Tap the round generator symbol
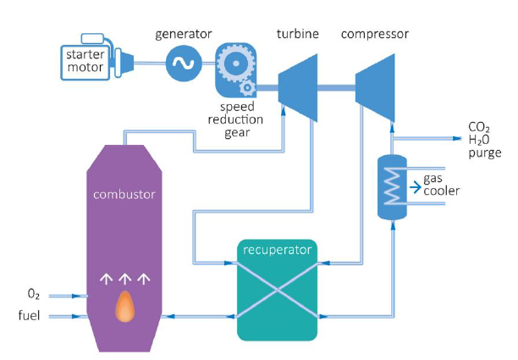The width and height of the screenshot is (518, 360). point(185,62)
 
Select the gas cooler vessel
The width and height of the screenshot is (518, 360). point(391,188)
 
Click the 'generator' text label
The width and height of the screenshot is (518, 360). point(184,35)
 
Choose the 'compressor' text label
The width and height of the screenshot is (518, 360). point(375,35)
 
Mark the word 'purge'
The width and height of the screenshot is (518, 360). point(484,154)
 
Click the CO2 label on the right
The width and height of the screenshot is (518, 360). point(479,128)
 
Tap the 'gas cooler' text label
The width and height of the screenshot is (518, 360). point(441,184)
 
